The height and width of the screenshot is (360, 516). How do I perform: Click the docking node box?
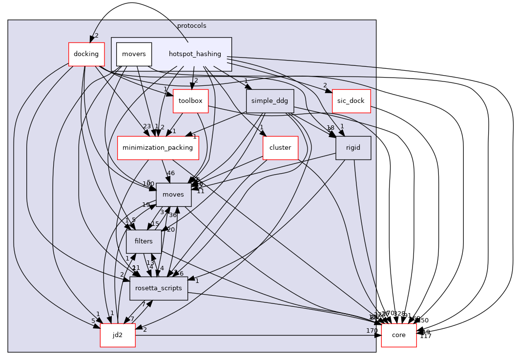(86, 54)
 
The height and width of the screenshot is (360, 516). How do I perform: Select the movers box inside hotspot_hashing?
(134, 54)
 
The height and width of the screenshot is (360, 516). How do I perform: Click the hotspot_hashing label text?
(195, 54)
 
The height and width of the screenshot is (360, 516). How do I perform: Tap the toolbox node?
(190, 101)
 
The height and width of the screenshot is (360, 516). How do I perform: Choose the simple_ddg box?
(269, 101)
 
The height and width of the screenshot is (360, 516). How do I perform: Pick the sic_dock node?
(351, 101)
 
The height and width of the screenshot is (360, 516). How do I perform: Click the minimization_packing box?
(158, 147)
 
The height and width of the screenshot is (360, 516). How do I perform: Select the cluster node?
(280, 147)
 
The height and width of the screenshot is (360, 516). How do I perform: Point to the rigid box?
(353, 147)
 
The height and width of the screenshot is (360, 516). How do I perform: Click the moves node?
(173, 194)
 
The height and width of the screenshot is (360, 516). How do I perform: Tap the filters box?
(144, 241)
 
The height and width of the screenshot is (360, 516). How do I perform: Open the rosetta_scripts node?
(159, 288)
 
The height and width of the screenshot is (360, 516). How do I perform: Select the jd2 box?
(118, 335)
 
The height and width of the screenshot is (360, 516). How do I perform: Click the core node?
(398, 335)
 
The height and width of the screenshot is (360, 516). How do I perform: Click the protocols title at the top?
(191, 25)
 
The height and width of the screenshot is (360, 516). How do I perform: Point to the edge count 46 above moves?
(171, 173)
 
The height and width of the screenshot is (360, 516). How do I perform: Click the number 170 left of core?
(372, 331)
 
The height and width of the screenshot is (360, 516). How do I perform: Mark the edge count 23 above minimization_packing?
(146, 126)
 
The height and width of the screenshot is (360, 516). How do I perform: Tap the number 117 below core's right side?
(425, 336)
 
